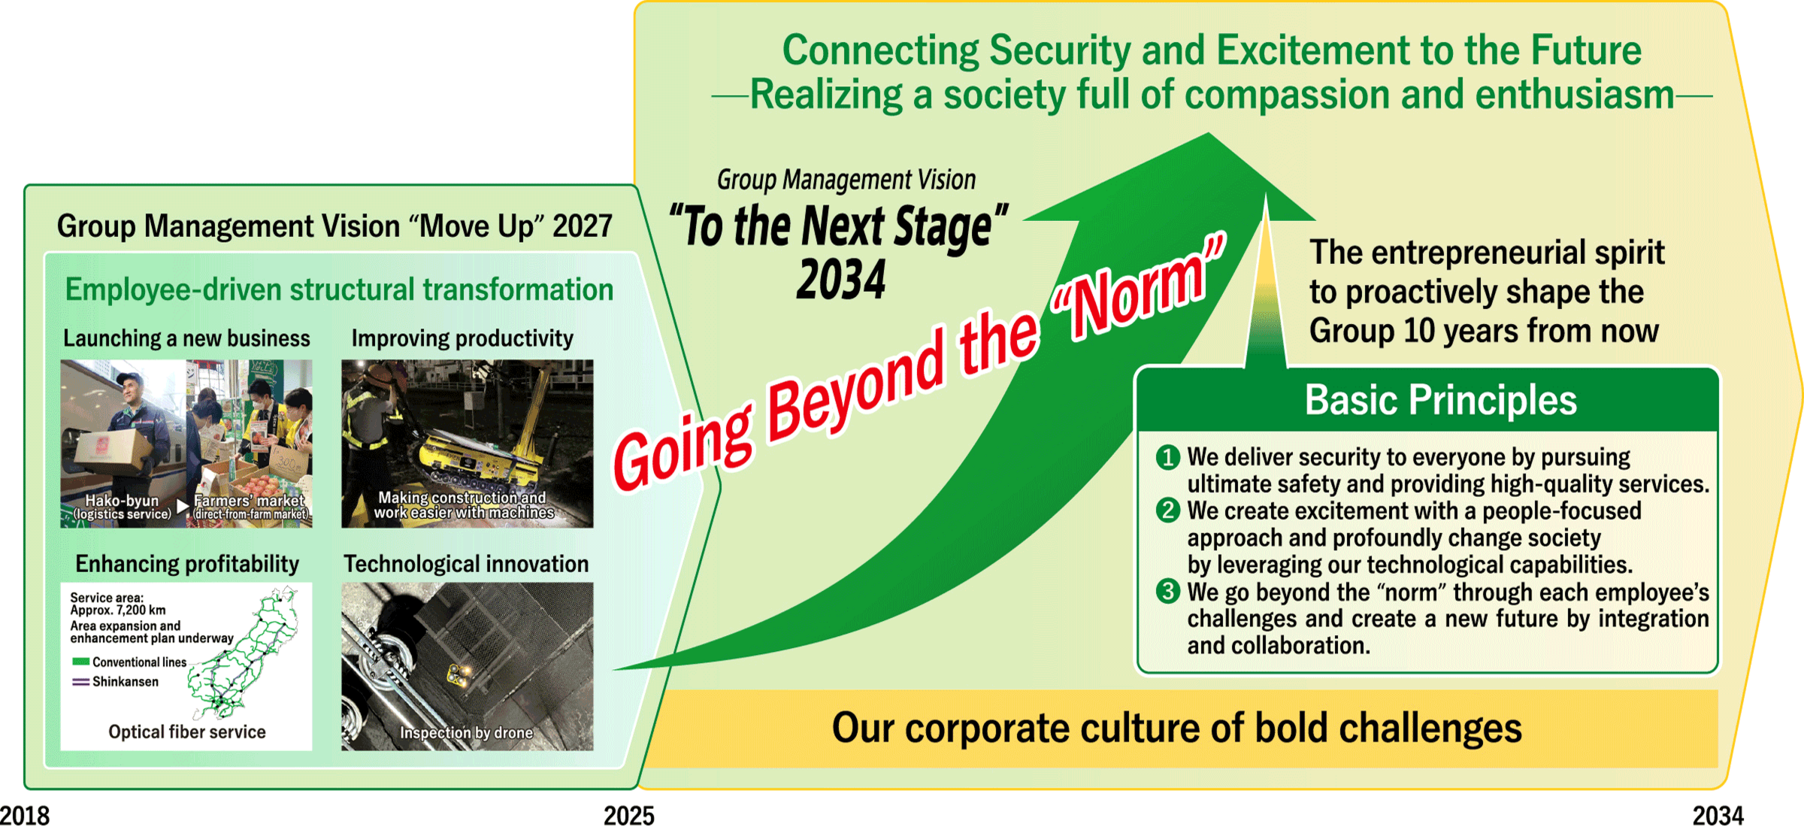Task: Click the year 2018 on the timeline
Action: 25,815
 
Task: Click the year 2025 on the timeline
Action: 629,815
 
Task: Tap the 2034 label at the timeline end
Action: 1718,815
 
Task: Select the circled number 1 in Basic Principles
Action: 1167,457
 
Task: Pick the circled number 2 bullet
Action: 1167,510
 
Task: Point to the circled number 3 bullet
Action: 1167,592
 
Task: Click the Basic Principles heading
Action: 1440,400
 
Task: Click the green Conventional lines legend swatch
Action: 80,662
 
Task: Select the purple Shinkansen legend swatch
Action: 80,682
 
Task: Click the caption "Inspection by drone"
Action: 466,732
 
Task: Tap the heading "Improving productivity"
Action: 462,338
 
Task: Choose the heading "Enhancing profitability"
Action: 187,564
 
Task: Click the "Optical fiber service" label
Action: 187,732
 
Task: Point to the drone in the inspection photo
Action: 457,674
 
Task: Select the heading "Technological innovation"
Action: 466,564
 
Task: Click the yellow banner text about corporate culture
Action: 1176,728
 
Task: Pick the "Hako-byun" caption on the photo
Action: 122,501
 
